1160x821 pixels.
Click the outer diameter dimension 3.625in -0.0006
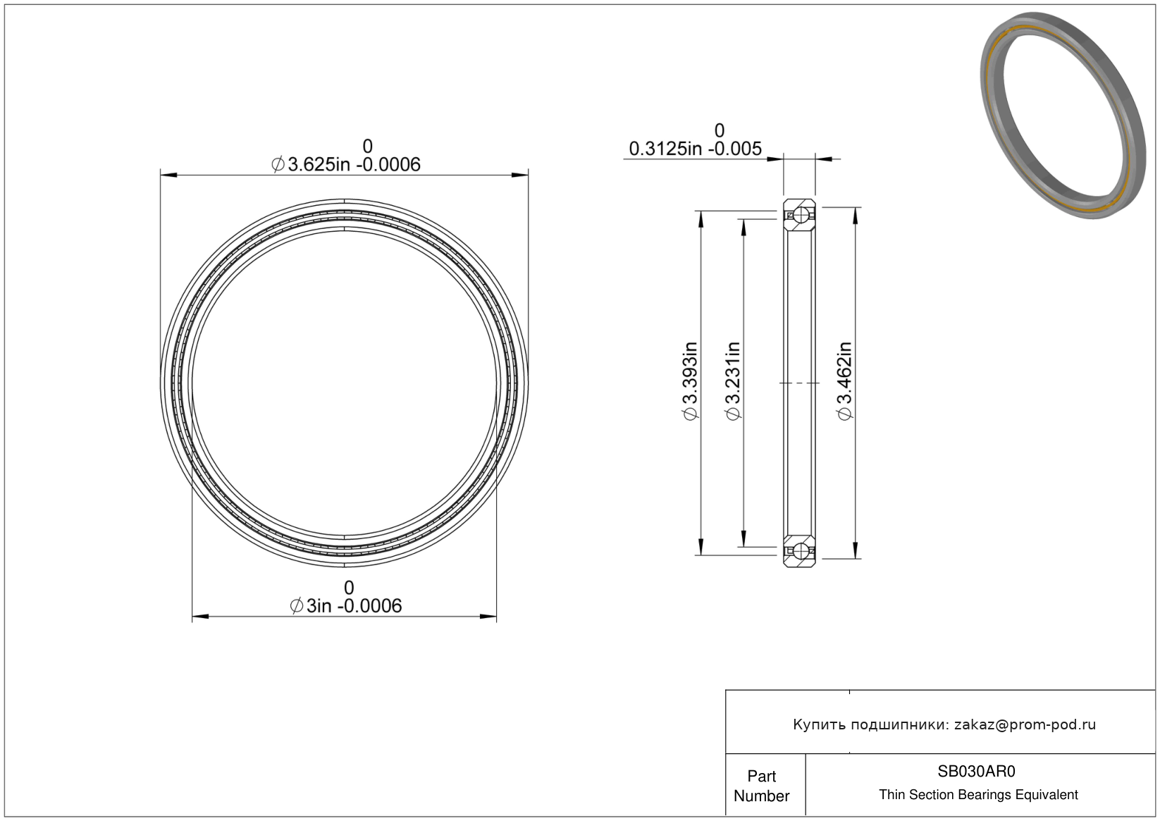pos(345,165)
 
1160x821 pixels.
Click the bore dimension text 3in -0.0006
pos(345,606)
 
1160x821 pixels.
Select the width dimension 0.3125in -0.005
pos(695,149)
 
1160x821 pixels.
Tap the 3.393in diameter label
pos(691,381)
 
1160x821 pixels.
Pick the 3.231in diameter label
pos(734,381)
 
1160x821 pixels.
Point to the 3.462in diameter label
pos(844,381)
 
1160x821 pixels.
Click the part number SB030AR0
pos(976,771)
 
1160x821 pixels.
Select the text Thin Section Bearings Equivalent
pos(978,795)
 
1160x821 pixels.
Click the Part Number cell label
pos(761,786)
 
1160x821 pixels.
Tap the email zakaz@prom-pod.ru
pos(1025,724)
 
